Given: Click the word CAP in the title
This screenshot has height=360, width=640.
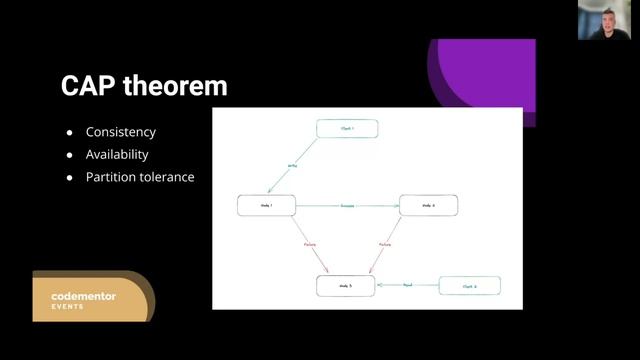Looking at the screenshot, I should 88,86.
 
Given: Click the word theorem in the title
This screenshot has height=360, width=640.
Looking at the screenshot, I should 175,86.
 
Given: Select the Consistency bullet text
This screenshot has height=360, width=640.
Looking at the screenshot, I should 121,132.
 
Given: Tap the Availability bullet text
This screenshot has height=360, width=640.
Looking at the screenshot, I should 117,155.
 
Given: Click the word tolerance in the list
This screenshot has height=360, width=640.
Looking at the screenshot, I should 167,177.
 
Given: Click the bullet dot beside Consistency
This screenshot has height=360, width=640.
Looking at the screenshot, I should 69,132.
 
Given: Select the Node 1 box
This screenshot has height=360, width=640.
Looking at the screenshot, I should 267,205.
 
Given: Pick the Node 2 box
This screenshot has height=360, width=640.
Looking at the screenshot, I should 429,205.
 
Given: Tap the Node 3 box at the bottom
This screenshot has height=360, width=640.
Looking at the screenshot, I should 347,286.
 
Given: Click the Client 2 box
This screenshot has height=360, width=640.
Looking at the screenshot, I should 469,286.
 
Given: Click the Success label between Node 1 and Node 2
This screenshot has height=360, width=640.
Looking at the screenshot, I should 347,205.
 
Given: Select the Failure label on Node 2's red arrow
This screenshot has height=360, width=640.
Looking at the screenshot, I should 385,244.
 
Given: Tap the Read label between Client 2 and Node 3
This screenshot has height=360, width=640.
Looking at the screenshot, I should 407,286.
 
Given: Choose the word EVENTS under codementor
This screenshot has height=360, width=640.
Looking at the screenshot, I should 69,307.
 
